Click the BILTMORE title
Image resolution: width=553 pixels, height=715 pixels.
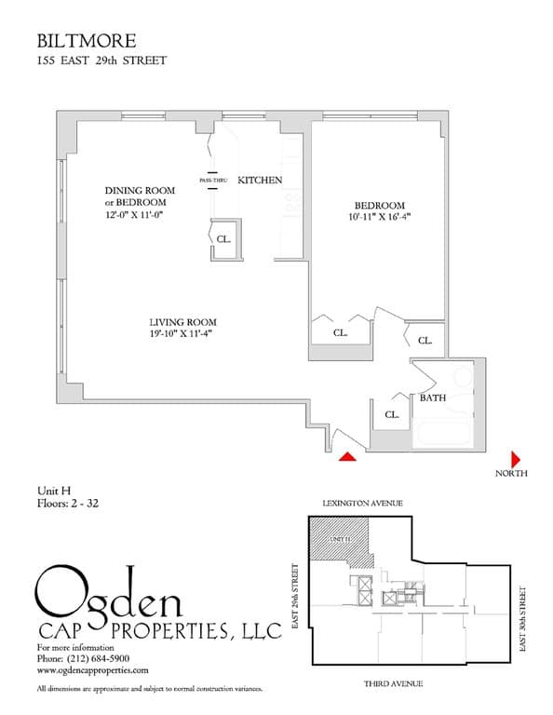click(87, 41)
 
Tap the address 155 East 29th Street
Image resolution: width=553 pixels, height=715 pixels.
click(101, 62)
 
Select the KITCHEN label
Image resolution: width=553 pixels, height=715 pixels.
click(260, 180)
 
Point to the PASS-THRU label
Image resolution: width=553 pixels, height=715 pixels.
click(213, 180)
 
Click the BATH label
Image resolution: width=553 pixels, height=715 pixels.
click(432, 398)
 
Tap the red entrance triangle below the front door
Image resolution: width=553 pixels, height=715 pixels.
click(347, 455)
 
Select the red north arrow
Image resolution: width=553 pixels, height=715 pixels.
click(515, 459)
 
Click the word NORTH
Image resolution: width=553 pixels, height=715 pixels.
click(511, 474)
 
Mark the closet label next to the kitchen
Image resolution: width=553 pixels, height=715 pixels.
click(223, 237)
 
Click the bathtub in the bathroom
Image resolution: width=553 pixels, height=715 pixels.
click(443, 435)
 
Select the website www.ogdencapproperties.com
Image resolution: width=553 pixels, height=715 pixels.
click(93, 669)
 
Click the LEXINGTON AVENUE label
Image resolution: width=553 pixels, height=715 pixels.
click(363, 503)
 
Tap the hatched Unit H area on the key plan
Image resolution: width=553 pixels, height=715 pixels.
click(339, 542)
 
